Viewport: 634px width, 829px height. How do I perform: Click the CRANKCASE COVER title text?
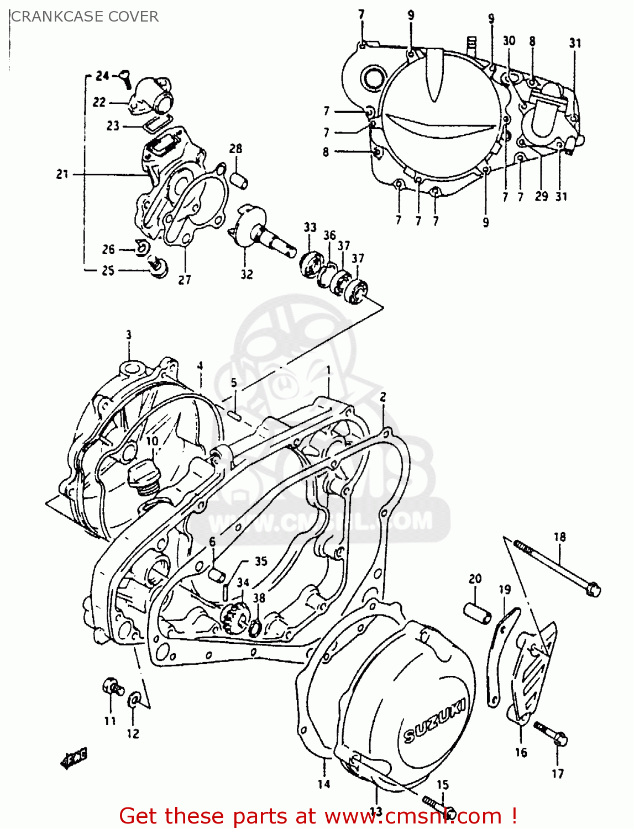pyautogui.click(x=85, y=17)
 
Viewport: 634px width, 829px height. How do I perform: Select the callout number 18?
pyautogui.click(x=559, y=537)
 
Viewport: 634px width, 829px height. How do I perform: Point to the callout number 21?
pyautogui.click(x=62, y=174)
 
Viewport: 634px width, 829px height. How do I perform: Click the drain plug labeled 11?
pyautogui.click(x=112, y=687)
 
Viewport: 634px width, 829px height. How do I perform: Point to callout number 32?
pyautogui.click(x=247, y=274)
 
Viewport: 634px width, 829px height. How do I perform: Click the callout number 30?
pyautogui.click(x=509, y=40)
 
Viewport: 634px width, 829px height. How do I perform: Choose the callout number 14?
pyautogui.click(x=324, y=784)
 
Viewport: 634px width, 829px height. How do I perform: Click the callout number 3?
pyautogui.click(x=128, y=335)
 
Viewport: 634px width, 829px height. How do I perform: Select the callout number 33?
pyautogui.click(x=310, y=227)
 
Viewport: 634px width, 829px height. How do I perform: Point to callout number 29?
pyautogui.click(x=541, y=196)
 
